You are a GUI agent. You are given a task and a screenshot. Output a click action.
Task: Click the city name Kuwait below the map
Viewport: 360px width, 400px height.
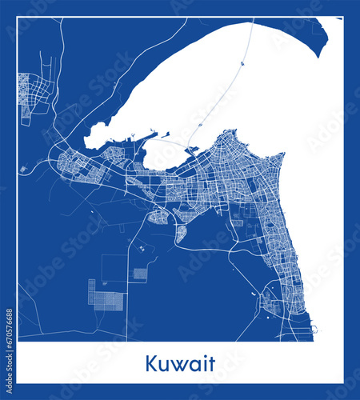pos(180,364)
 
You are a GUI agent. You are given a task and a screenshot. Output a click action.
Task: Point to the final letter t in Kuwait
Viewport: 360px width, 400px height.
pos(211,364)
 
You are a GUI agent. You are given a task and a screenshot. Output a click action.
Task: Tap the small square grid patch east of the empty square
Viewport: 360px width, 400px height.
pos(140,273)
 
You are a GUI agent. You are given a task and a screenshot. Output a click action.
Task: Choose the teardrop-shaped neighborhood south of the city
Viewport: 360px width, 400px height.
pos(181,234)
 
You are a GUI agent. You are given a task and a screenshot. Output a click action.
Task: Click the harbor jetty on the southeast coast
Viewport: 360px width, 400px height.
pos(314,328)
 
